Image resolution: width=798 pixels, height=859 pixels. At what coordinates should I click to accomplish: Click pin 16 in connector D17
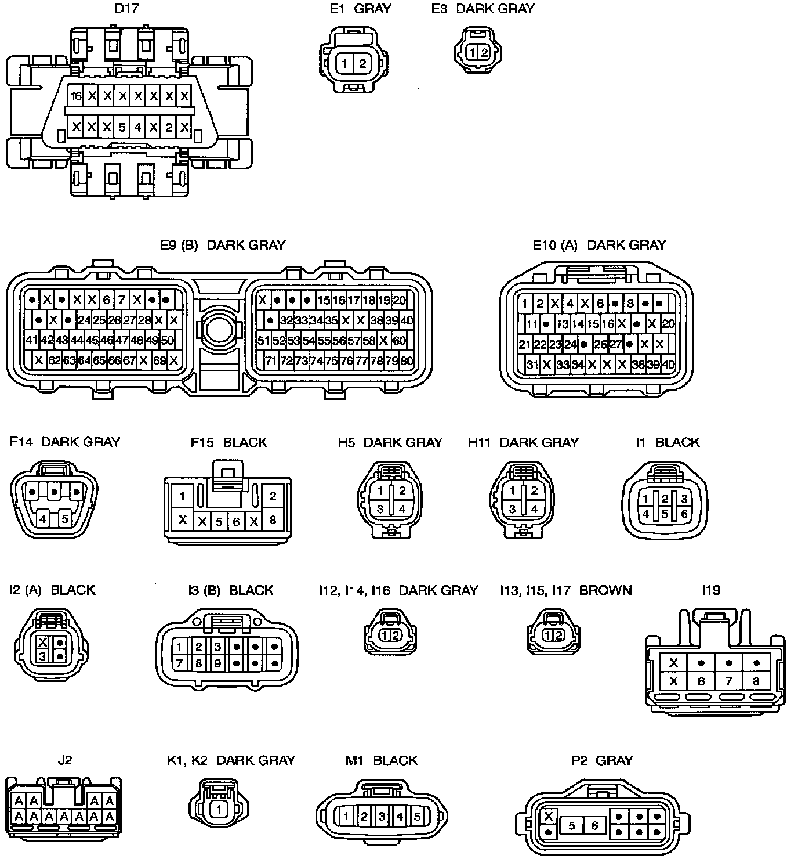(76, 96)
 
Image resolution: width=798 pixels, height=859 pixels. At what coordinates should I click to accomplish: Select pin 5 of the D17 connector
(122, 127)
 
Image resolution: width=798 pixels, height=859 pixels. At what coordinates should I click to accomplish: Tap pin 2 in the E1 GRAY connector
(362, 64)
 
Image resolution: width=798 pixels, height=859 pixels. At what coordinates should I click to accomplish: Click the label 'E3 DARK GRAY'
(483, 9)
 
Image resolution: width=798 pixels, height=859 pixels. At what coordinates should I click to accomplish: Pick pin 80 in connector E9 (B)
(407, 361)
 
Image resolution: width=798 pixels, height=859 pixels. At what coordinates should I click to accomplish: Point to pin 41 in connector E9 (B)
(31, 340)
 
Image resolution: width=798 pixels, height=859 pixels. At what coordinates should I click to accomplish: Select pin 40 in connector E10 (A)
(668, 364)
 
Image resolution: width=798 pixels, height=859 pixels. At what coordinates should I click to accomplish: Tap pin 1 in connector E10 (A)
(524, 304)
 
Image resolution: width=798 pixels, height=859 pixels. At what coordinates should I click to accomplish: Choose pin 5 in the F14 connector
(65, 518)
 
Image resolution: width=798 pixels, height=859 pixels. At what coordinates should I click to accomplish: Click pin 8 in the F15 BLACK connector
(273, 520)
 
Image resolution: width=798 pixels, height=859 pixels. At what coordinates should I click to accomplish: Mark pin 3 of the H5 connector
(380, 509)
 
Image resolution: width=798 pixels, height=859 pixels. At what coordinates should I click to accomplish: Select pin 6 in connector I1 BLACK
(684, 514)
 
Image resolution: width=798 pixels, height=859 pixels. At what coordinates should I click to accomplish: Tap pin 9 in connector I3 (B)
(217, 662)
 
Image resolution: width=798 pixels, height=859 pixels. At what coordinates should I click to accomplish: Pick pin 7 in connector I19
(729, 681)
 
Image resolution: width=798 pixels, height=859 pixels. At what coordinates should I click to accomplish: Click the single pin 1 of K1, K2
(219, 809)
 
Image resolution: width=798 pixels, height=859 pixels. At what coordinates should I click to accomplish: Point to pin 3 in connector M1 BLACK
(382, 817)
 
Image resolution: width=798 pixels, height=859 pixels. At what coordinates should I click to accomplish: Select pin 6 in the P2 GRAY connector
(594, 825)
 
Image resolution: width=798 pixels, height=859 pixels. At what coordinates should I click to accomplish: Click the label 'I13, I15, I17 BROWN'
(565, 590)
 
